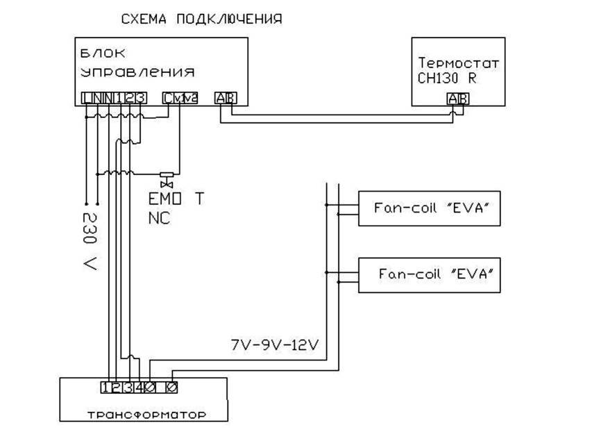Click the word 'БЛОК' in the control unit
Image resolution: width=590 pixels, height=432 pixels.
click(x=97, y=53)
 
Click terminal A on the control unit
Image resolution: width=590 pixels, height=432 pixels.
click(x=220, y=98)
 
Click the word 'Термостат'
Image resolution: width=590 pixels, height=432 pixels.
click(x=459, y=63)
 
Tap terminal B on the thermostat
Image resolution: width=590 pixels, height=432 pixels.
click(x=463, y=99)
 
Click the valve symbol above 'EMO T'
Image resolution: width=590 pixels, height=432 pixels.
click(x=167, y=178)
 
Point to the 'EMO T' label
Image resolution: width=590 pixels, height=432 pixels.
click(x=177, y=199)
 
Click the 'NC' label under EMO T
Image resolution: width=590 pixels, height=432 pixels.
click(x=159, y=217)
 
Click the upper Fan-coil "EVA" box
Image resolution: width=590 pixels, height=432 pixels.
click(x=429, y=208)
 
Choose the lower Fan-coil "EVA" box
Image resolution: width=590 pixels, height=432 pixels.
click(x=429, y=274)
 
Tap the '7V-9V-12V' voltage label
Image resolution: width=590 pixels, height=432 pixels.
click(x=274, y=344)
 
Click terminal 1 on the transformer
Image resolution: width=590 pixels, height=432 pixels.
click(x=105, y=387)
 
